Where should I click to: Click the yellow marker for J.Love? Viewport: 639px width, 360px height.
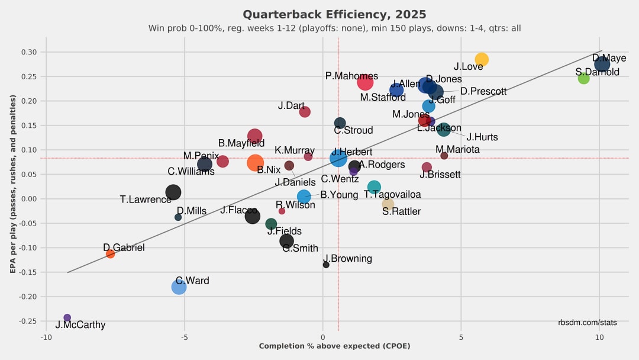pos(482,59)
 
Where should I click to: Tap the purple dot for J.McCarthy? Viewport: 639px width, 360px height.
pos(67,318)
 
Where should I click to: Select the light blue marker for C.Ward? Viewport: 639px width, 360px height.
pos(179,287)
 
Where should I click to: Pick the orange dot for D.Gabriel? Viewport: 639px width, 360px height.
pos(110,254)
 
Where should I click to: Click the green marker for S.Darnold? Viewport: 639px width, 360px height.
pos(583,78)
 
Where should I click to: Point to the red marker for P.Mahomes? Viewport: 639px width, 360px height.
pos(365,82)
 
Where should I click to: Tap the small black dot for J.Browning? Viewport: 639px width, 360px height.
pos(326,265)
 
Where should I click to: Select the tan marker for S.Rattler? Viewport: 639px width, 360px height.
pos(388,204)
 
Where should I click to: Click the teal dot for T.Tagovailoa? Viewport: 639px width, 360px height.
pos(374,187)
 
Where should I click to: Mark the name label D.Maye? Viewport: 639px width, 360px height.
pos(609,58)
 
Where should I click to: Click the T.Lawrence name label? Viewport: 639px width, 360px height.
pos(146,200)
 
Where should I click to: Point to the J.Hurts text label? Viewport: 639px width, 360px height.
pos(482,137)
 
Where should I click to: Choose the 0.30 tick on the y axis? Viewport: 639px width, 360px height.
pos(29,52)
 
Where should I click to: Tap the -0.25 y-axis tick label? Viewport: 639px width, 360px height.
pos(28,322)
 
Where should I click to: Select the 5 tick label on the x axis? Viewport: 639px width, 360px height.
pos(461,337)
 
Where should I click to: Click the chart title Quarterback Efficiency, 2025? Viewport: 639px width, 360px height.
pos(334,14)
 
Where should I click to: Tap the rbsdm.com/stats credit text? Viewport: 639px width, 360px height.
pos(587,323)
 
